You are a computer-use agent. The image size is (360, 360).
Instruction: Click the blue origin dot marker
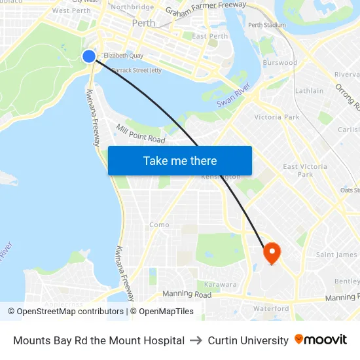point(89,56)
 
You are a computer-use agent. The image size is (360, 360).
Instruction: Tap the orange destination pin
point(272,253)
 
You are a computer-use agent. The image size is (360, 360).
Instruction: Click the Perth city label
point(143,23)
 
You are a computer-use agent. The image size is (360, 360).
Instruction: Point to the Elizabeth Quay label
point(123,56)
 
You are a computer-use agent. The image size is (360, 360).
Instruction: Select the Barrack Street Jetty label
point(136,69)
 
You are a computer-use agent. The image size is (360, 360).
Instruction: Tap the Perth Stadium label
point(266,26)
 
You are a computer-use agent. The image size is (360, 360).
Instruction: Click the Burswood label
point(279,63)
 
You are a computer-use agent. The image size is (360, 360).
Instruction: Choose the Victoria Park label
point(277,117)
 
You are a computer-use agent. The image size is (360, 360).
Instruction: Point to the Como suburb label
point(159,225)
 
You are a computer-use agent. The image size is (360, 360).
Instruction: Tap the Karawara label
point(220,285)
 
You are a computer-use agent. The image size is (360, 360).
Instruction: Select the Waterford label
point(271,308)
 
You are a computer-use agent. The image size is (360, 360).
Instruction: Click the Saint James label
point(336,255)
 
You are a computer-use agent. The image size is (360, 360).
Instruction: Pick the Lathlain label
point(309,91)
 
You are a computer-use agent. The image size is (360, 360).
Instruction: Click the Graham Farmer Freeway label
point(206,9)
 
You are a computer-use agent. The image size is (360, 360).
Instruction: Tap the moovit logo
point(320,340)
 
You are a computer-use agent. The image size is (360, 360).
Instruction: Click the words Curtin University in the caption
point(248,340)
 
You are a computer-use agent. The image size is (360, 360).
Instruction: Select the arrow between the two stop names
point(196,340)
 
